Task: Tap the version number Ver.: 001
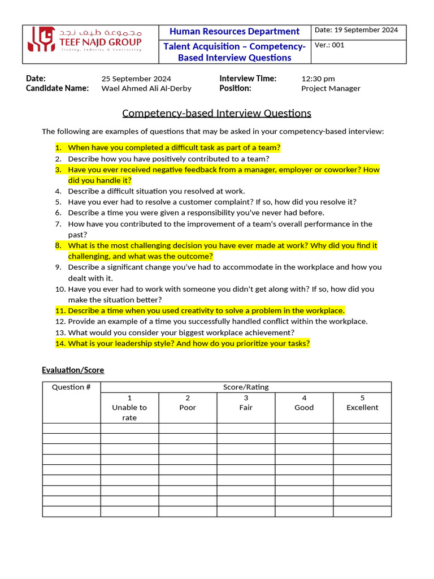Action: tap(329, 45)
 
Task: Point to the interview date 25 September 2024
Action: tap(136, 79)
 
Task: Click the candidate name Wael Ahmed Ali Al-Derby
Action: tap(146, 88)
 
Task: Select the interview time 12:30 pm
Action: tap(318, 79)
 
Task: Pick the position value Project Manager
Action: tap(331, 88)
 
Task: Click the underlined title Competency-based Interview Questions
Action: tap(216, 113)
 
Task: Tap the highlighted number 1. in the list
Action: tap(58, 148)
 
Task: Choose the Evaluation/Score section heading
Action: tap(73, 370)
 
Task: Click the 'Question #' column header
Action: tap(71, 387)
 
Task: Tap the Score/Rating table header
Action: tap(246, 387)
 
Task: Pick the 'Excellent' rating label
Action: tap(362, 408)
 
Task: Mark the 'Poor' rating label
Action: tap(188, 408)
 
